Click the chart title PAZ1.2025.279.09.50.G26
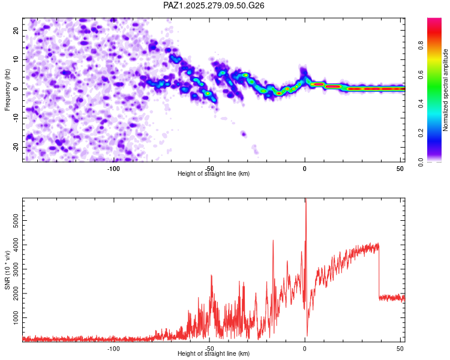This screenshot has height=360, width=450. coord(214,5)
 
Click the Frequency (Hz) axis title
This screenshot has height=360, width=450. coord(7,90)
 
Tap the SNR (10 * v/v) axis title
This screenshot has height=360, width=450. coord(7,269)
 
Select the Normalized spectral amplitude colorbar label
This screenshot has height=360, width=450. coord(446,90)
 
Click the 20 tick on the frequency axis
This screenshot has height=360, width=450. coord(16,30)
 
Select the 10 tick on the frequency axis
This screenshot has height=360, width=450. coord(16,59)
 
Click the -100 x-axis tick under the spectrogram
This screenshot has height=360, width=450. coord(113,167)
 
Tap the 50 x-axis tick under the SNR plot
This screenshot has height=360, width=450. coord(400,348)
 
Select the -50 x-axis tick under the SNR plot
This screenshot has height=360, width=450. coord(209,348)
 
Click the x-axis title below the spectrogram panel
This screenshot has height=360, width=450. coord(214,173)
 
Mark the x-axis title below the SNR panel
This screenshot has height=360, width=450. coord(214,354)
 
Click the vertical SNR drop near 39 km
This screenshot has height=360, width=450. coord(379,270)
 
